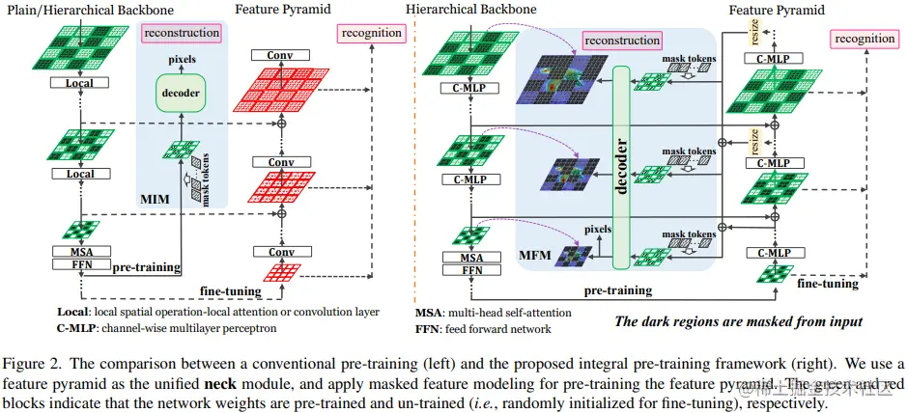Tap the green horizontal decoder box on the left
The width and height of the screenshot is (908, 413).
tap(182, 94)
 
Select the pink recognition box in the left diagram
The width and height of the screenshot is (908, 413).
tap(371, 33)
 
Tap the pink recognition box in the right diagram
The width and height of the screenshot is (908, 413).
tap(865, 39)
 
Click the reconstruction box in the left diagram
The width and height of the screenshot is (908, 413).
tap(182, 34)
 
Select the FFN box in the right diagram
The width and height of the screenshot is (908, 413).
tap(470, 270)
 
